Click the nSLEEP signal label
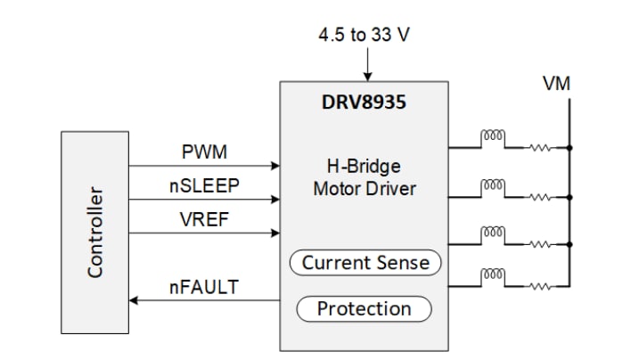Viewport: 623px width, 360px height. pyautogui.click(x=204, y=186)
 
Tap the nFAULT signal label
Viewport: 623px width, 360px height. pyautogui.click(x=204, y=288)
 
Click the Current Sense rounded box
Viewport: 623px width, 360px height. pyautogui.click(x=365, y=263)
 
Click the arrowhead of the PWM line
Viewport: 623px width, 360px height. pyautogui.click(x=275, y=166)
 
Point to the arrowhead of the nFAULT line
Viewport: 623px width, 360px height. pyautogui.click(x=135, y=301)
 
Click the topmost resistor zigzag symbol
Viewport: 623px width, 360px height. pyautogui.click(x=540, y=147)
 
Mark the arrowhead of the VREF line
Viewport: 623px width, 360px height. pyautogui.click(x=275, y=233)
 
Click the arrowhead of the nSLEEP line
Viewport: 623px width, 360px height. pyautogui.click(x=275, y=200)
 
